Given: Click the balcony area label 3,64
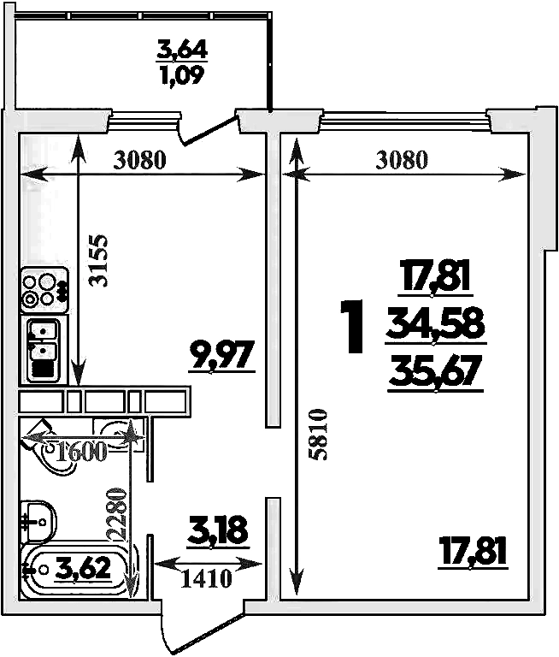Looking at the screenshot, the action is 182,49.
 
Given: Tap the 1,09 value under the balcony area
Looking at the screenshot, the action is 182,75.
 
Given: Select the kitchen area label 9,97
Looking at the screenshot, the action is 222,355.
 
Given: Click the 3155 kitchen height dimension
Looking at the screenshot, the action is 100,260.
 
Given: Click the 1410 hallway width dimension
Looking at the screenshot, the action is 207,578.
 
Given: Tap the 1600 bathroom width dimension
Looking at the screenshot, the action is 82,452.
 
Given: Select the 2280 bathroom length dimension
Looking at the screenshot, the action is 116,514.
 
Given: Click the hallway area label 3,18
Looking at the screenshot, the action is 218,531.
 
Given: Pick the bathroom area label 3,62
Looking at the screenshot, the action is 85,568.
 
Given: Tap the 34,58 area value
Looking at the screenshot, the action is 435,324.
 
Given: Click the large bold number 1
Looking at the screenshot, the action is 352,327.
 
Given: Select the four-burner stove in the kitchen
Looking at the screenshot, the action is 44,290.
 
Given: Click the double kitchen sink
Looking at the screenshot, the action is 43,350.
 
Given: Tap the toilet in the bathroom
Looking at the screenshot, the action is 38,521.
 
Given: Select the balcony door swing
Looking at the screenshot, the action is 208,129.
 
